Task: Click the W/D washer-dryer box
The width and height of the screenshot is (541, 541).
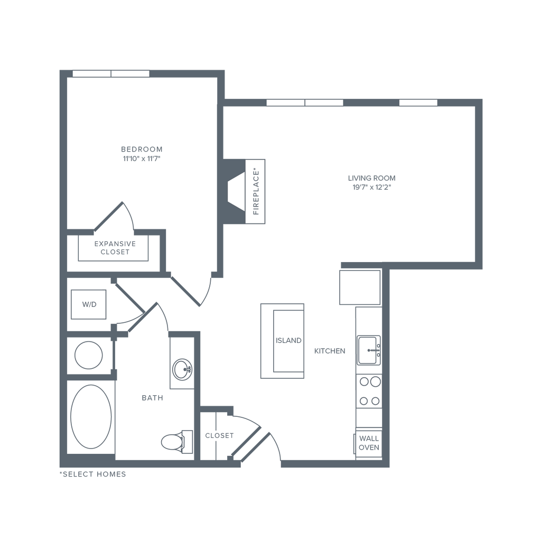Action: (86, 305)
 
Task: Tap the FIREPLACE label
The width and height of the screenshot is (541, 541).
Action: (256, 192)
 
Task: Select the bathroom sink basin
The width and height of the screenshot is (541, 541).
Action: (181, 369)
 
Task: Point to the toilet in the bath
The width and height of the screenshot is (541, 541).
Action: (172, 441)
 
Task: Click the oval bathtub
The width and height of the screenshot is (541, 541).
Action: (91, 416)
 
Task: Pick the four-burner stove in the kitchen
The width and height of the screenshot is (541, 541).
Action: (369, 391)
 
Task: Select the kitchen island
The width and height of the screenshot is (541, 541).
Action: (283, 341)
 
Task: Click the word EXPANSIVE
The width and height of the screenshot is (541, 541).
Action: (115, 244)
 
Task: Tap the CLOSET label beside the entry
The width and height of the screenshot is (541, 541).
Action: (219, 436)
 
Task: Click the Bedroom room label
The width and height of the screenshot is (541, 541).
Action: (142, 149)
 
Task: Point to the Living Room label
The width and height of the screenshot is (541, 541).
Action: (371, 179)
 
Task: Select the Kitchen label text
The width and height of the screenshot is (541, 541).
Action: (330, 351)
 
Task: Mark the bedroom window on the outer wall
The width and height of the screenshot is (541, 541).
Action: (111, 73)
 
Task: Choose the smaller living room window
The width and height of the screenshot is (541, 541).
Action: (418, 102)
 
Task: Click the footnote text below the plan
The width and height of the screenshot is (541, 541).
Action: (92, 474)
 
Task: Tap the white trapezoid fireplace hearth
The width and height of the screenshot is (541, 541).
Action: (236, 191)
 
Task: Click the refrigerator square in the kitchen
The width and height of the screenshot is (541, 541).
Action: (359, 287)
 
